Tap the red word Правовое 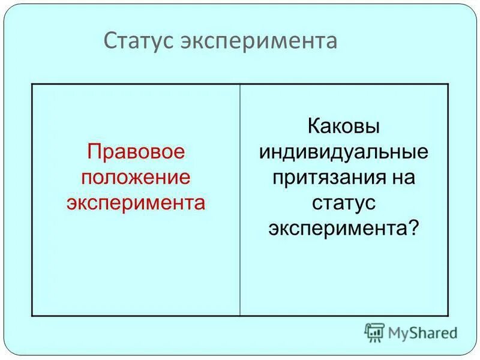tap(135, 152)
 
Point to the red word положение tap(135, 178)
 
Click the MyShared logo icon tap(374, 332)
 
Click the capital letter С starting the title tap(110, 41)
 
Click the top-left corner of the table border tap(32, 84)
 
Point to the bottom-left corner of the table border tap(32, 316)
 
